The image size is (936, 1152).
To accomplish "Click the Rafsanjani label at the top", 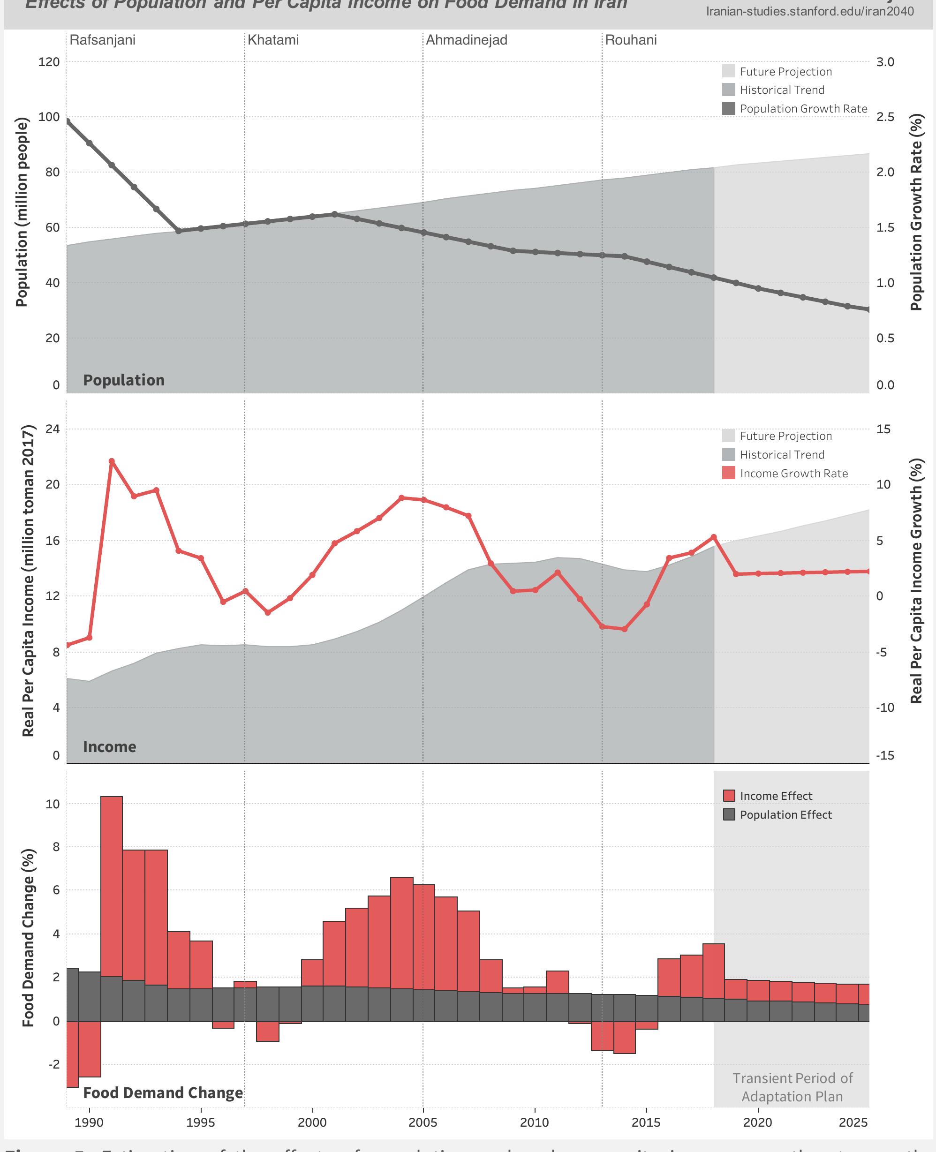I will point(102,40).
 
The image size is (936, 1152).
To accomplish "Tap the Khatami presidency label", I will point(273,40).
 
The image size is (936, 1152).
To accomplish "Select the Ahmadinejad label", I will point(467,40).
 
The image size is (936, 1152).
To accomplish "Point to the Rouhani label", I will point(631,40).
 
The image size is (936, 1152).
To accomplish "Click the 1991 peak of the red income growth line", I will point(112,461).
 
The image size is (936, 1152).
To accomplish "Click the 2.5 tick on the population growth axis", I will point(885,117).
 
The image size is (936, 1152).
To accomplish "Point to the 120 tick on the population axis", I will point(49,62).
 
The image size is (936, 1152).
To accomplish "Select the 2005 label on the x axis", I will point(423,1123).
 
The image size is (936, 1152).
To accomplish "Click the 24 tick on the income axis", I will point(53,429).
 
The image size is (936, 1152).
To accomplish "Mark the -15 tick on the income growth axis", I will point(885,755).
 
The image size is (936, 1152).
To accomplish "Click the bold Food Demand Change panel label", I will point(163,1093).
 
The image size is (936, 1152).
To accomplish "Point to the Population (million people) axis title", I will point(22,213).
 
